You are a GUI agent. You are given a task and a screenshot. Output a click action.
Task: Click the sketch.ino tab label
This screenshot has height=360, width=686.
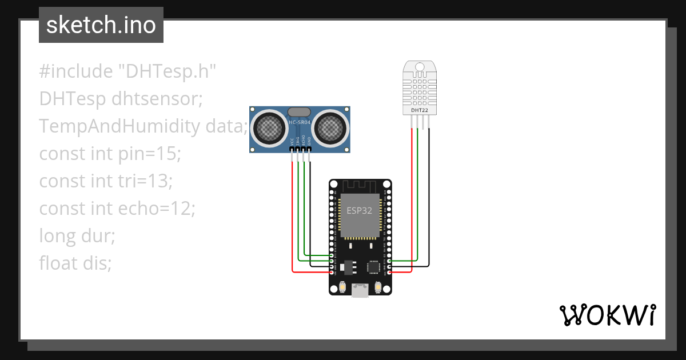pyautogui.click(x=101, y=25)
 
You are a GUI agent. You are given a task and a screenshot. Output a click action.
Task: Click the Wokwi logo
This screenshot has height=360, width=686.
pyautogui.click(x=607, y=315)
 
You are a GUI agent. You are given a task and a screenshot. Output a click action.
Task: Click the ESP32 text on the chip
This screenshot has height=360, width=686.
pyautogui.click(x=360, y=210)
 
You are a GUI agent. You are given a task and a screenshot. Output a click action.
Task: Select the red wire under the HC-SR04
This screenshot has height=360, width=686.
pyautogui.click(x=293, y=217)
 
